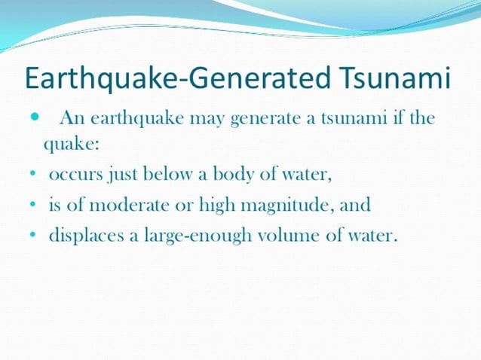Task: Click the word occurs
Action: click(x=75, y=175)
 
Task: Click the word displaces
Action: click(x=85, y=236)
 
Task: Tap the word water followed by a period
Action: click(x=372, y=236)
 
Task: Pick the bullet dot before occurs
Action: click(x=35, y=176)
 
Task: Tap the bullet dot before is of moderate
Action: click(x=35, y=206)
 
